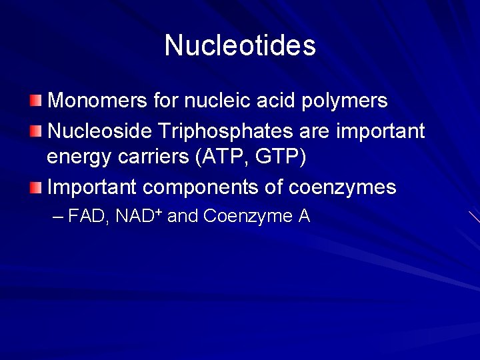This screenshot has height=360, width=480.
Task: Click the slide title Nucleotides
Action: pos(240,45)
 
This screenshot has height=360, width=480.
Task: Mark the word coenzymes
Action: pos(342,188)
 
